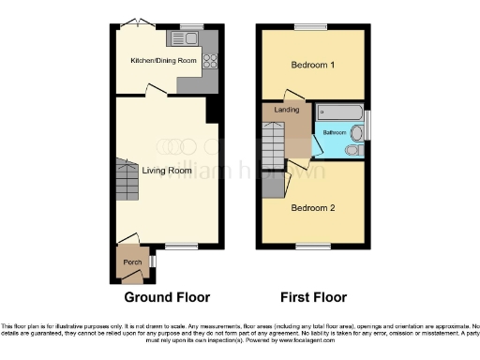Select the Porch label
point(129,263)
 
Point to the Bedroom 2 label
point(312,207)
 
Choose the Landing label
point(287,110)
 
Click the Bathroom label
point(335,133)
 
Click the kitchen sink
point(181,38)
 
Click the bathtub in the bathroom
point(338,112)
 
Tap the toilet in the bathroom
point(353,149)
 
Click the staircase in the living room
point(127,183)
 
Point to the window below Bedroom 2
point(312,247)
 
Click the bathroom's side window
point(367,123)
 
